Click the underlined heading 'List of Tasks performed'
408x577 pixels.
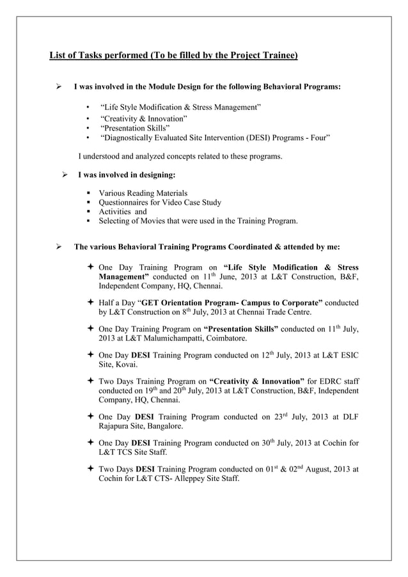[x=173, y=56]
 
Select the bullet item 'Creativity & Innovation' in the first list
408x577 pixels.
[x=144, y=119]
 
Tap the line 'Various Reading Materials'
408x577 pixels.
[x=143, y=193]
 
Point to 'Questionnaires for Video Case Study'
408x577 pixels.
[x=160, y=203]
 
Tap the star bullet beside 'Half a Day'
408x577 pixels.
[x=89, y=303]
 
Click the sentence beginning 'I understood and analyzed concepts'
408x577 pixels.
[x=180, y=156]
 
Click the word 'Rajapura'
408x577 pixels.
[x=117, y=425]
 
